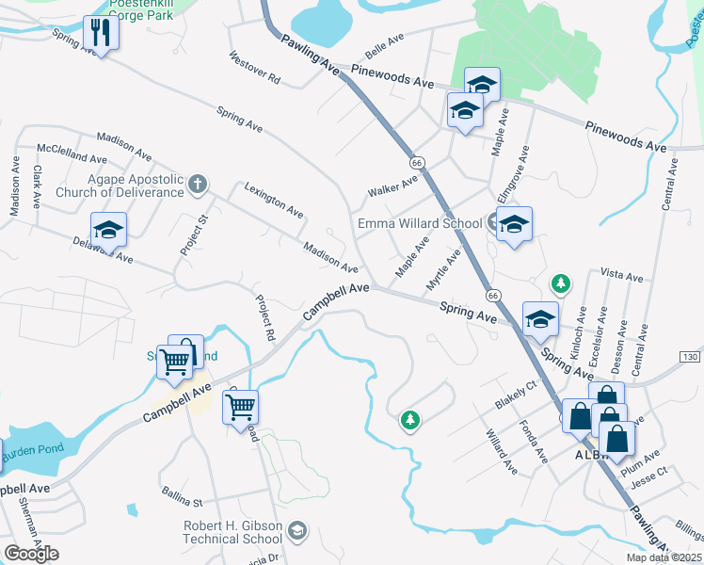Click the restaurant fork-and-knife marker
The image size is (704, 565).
click(98, 33)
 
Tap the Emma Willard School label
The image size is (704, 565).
click(420, 223)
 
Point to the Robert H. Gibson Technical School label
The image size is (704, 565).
click(232, 532)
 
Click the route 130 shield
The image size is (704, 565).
click(690, 357)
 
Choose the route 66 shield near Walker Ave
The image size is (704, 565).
click(418, 163)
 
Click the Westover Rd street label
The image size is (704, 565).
click(255, 68)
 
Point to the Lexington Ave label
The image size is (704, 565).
click(274, 199)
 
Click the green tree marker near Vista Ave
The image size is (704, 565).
click(561, 282)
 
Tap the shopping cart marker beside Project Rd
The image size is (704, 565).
click(240, 407)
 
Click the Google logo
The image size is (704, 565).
click(31, 554)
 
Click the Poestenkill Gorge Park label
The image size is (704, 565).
click(143, 11)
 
